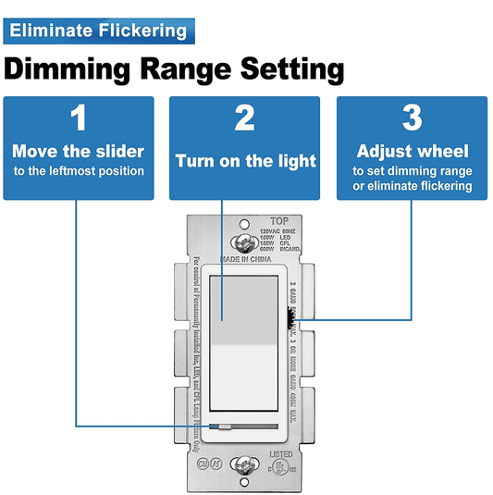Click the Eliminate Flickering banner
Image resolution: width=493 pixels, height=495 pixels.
96,30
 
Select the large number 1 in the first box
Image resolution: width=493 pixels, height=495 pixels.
79,118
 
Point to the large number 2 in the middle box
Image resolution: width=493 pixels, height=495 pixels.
245,118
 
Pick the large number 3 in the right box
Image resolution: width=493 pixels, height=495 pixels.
413,118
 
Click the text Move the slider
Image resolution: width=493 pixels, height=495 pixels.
79,151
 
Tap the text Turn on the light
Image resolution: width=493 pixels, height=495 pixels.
245,161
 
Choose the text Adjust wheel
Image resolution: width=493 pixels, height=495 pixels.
413,151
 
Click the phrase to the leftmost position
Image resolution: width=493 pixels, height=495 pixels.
79,171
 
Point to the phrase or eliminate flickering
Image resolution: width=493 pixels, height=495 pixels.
413,186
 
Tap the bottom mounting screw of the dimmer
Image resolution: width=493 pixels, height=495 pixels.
246,464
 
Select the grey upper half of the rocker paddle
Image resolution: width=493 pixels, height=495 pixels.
245,305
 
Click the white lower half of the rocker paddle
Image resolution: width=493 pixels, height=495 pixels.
245,379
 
